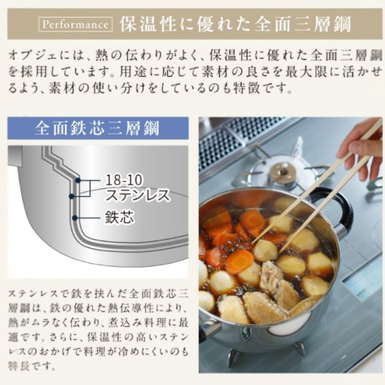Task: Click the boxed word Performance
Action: point(75,25)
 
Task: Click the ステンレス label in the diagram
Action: point(137,195)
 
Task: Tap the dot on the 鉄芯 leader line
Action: point(75,217)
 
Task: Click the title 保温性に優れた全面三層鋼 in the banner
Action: point(235,25)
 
